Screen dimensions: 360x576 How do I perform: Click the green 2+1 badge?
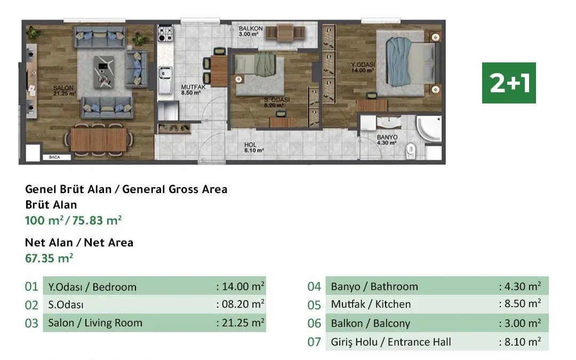click(509, 83)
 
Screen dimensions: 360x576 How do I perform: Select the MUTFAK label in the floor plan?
click(189, 88)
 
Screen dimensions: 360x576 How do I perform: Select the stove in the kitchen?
click(165, 34)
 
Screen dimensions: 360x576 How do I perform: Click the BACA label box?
click(53, 157)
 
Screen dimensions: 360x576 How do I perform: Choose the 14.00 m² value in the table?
click(241, 286)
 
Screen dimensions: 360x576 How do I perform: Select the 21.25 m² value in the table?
click(241, 323)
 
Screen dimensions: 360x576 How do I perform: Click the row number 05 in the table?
click(314, 305)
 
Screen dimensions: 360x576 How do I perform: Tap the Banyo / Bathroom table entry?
click(374, 286)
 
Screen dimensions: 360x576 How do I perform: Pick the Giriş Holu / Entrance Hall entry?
click(390, 342)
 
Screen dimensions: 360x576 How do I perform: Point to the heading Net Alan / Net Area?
click(79, 243)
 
